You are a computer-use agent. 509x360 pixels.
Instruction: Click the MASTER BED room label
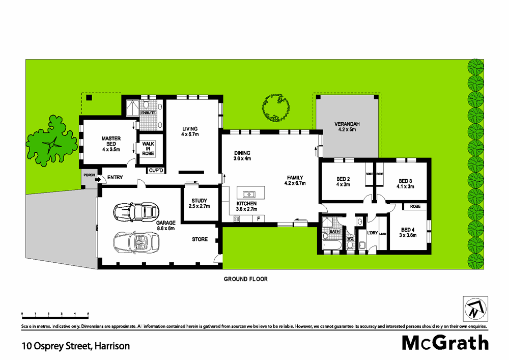click(110, 144)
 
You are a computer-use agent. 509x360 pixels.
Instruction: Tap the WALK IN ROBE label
click(148, 149)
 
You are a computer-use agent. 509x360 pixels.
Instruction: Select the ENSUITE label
click(148, 112)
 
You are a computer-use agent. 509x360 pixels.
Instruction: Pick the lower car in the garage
click(134, 241)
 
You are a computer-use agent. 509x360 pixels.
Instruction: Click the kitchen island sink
click(249, 194)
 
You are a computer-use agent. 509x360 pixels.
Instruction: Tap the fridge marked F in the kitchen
click(259, 219)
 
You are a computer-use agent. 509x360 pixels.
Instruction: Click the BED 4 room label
click(408, 232)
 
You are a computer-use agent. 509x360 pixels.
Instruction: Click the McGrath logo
click(445, 343)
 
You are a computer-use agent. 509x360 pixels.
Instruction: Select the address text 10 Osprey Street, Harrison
click(75, 346)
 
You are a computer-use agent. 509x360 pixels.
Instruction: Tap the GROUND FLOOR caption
click(246, 279)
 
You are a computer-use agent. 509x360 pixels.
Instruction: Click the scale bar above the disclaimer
click(55, 316)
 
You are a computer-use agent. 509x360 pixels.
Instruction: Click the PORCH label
click(89, 176)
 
